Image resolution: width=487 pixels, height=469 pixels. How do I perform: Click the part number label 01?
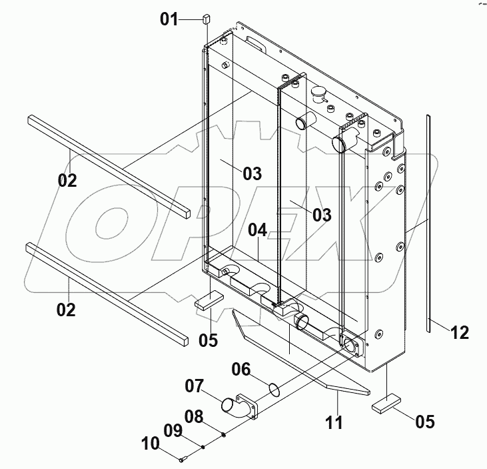[169, 19]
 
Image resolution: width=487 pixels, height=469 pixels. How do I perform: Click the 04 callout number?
[258, 230]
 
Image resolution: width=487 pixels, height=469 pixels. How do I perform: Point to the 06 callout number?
[242, 368]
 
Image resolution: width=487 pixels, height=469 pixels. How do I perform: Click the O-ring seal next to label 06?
[273, 388]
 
